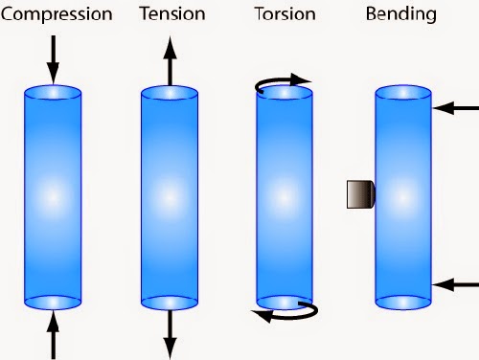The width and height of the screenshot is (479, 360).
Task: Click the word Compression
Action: (57, 15)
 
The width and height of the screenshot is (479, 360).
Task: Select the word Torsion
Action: (285, 15)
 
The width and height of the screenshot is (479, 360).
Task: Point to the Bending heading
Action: (402, 15)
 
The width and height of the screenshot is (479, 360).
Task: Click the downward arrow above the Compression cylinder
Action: (54, 57)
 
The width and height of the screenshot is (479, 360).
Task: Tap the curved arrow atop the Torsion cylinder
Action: (285, 84)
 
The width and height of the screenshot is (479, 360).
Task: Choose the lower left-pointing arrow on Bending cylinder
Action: (456, 284)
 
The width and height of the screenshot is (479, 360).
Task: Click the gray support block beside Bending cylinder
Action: (359, 194)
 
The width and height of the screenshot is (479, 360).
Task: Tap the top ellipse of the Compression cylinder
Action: (54, 93)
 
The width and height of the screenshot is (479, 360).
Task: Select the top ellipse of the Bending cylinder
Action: (403, 93)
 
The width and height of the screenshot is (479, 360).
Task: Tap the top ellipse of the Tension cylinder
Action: (171, 93)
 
